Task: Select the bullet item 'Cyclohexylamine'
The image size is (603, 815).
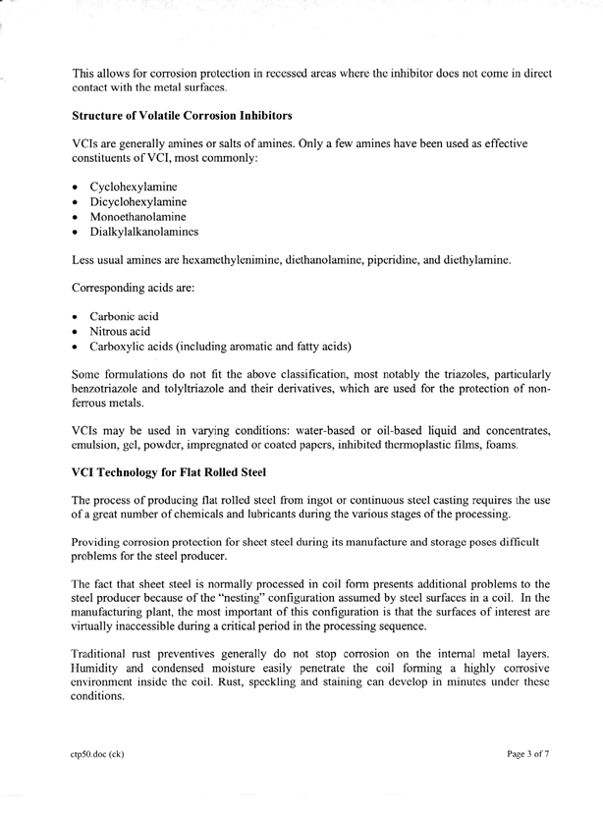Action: point(133,186)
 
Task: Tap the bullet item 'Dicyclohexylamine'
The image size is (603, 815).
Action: point(137,201)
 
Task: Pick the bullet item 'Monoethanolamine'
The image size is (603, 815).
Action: point(137,216)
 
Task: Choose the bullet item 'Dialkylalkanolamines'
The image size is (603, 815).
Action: point(143,232)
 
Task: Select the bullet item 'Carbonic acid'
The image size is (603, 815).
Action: point(124,316)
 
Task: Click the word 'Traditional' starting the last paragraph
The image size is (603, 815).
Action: point(102,652)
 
